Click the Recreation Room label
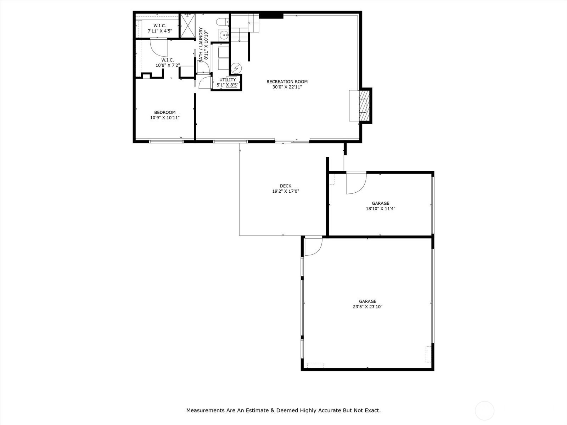(x=287, y=82)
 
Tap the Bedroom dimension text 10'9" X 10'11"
(x=165, y=118)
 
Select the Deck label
(x=285, y=186)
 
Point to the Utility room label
(x=228, y=79)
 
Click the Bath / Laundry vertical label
(x=201, y=45)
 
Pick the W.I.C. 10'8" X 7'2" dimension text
(x=168, y=65)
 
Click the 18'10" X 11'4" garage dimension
(x=381, y=209)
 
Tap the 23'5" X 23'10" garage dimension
(x=367, y=307)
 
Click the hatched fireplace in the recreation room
(x=364, y=106)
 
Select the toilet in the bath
(x=222, y=22)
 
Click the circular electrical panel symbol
(x=236, y=68)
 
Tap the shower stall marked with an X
(x=187, y=25)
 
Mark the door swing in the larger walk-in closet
(x=159, y=47)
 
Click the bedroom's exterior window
(x=166, y=141)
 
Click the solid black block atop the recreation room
(x=271, y=16)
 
